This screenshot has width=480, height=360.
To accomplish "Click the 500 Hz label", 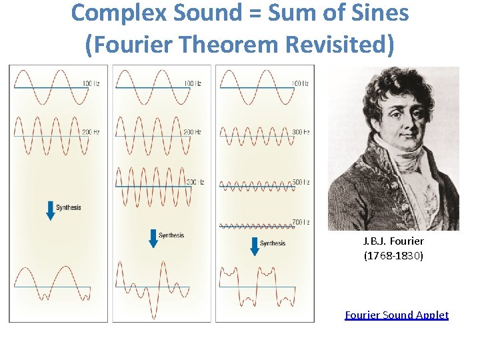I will (300, 182).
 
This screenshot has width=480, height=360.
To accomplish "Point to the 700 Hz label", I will (300, 221).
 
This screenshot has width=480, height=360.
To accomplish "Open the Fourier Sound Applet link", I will (397, 315).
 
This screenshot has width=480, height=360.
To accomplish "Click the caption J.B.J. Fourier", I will (393, 241).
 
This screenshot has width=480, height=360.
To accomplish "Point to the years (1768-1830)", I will (393, 256).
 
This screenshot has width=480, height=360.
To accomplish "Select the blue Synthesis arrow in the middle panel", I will (153, 238).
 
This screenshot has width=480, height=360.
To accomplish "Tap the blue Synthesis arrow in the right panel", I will (254, 245).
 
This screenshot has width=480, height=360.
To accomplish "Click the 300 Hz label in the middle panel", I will (195, 182).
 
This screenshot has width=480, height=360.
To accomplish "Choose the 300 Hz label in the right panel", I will (300, 132).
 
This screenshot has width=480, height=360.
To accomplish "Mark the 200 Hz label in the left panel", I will (91, 132).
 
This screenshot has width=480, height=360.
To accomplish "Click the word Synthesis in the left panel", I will (69, 208).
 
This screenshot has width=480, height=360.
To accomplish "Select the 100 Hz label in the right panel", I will (300, 83).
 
